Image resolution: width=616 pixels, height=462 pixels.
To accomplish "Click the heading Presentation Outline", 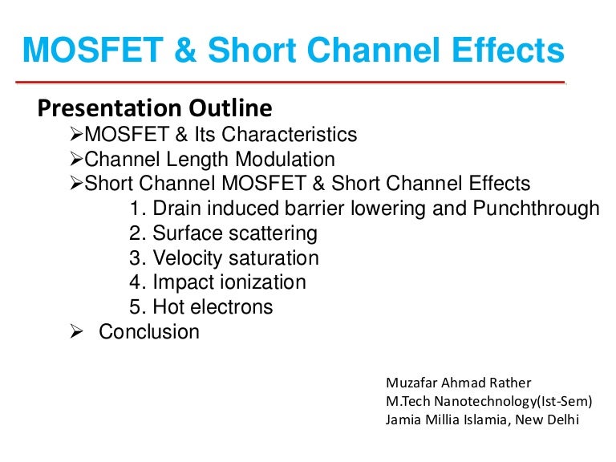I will (156, 107).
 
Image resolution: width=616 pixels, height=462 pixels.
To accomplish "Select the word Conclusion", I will (149, 331).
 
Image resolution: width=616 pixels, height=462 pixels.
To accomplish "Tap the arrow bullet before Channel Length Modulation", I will (77, 159).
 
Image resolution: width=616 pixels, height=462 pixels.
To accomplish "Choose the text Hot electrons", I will (213, 307).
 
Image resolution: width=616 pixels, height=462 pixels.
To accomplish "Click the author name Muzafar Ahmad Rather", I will (459, 382).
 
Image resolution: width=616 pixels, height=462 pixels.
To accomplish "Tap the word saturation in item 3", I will (274, 258).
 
